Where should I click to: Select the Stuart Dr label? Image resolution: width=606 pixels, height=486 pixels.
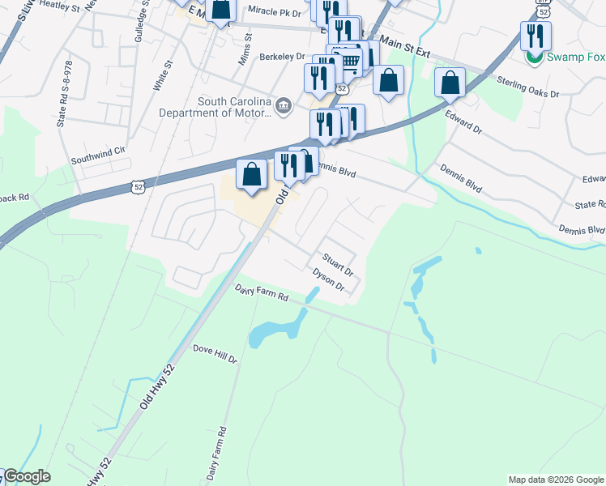click(x=338, y=263)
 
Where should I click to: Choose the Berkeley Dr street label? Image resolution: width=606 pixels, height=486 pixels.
click(x=281, y=57)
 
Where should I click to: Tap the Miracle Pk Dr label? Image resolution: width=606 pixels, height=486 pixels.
click(x=274, y=11)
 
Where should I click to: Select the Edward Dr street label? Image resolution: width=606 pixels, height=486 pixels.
click(x=463, y=122)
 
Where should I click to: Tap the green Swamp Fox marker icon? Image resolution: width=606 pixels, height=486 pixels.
click(x=534, y=58)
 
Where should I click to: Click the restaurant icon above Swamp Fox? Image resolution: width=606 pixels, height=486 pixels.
click(x=536, y=35)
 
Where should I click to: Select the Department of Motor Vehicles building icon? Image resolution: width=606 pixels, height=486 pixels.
click(x=283, y=105)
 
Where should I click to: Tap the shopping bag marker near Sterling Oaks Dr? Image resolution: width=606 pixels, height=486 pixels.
click(x=450, y=83)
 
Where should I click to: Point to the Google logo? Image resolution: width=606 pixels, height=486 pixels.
click(x=26, y=476)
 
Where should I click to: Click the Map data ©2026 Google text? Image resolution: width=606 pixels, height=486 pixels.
click(x=556, y=480)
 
